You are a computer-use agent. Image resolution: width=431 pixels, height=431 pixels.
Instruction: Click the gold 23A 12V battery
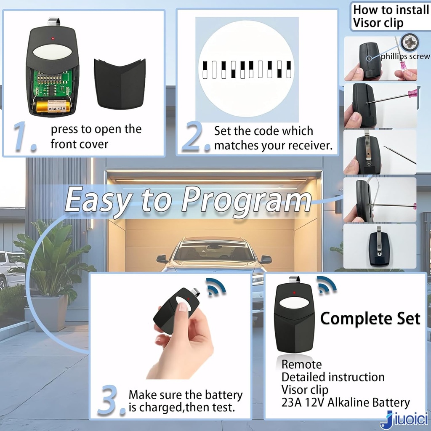pos(53,106)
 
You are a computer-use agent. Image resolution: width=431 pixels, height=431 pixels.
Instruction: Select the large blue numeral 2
pos(196,136)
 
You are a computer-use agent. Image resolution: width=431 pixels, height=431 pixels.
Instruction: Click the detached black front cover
pos(120,83)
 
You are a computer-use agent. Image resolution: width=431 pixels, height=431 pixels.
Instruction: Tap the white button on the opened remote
pos(53,52)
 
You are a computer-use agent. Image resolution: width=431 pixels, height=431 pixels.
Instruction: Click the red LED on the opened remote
pos(53,38)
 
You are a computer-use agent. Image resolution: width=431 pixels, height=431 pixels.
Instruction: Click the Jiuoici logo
pos(404,420)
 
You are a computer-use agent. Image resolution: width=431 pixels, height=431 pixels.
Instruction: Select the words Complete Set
pos(370,319)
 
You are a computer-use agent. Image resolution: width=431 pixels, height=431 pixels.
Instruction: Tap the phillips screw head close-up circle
pos(410,43)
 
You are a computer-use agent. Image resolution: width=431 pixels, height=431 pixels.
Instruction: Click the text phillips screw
pos(405,56)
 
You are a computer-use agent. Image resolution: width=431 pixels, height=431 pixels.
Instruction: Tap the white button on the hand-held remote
pos(183,303)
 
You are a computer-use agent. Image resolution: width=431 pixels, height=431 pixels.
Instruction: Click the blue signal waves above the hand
pos(216,287)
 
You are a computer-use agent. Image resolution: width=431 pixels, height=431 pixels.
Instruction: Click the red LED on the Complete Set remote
pos(294,293)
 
